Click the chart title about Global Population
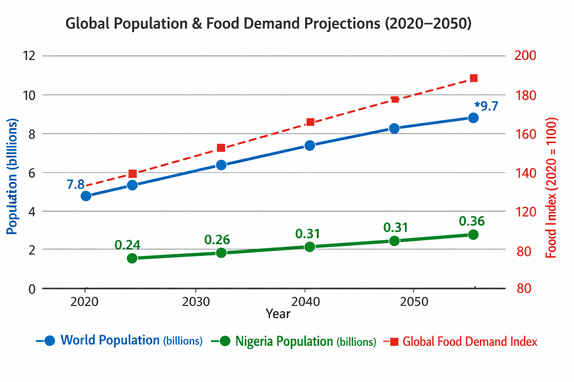click(x=268, y=24)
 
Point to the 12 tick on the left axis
click(x=29, y=56)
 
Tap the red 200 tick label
click(x=525, y=56)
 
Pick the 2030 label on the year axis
click(x=195, y=301)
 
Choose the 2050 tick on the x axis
click(x=414, y=301)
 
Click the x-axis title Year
click(x=278, y=314)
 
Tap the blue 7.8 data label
click(x=75, y=184)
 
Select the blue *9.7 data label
click(x=486, y=106)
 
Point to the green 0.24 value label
click(x=127, y=245)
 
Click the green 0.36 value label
click(x=472, y=221)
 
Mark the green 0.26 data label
click(x=217, y=240)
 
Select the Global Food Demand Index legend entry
click(x=469, y=341)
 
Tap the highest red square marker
click(x=473, y=78)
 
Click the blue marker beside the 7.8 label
click(x=86, y=196)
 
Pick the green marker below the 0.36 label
click(x=473, y=235)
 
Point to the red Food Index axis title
click(x=551, y=188)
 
